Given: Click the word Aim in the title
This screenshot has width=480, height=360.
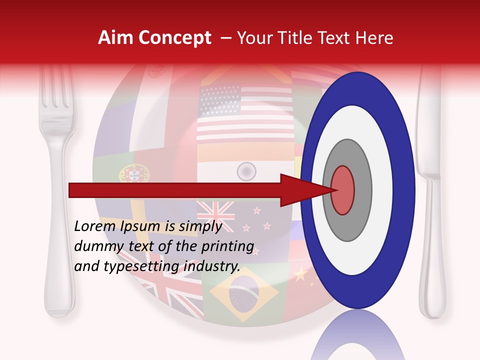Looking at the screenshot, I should click(x=116, y=38).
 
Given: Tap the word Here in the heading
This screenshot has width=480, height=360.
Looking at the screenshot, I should click(x=374, y=38).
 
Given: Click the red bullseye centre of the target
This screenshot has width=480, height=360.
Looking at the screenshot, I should click(x=342, y=190).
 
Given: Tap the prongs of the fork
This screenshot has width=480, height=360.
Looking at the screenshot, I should click(x=56, y=90).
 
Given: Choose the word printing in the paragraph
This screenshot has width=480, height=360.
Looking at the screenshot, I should click(x=231, y=246).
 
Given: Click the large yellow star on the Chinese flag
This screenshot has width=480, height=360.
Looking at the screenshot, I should click(x=301, y=274).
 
